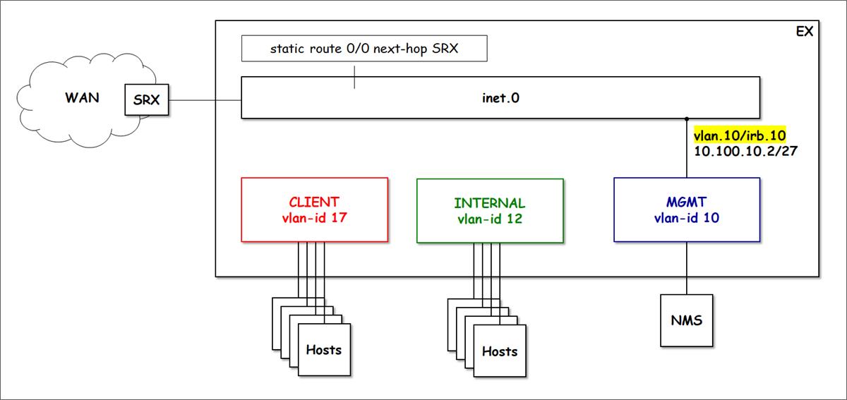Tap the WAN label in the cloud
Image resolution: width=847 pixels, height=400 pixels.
[x=82, y=97]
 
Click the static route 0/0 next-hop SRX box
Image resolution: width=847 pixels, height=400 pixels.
[x=364, y=49]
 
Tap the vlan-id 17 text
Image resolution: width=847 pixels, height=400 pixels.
[x=314, y=218]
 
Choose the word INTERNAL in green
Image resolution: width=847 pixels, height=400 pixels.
[x=490, y=203]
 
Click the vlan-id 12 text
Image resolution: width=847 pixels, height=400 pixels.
[x=490, y=219]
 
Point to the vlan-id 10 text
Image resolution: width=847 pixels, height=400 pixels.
[x=687, y=218]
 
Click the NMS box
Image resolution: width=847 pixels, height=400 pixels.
[x=687, y=321]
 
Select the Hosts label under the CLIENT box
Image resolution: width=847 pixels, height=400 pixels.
[x=324, y=349]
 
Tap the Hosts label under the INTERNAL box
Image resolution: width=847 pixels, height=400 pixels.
[x=500, y=351]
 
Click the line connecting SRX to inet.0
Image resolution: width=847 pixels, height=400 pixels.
[x=205, y=99]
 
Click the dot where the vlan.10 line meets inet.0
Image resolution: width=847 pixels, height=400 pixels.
[x=687, y=118]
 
